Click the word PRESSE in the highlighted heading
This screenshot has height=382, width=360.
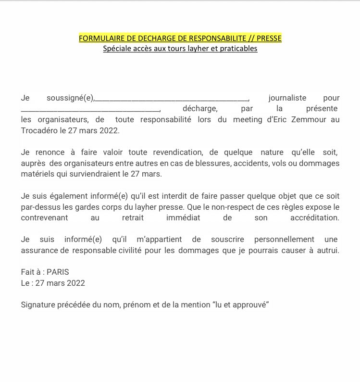[x=267, y=38]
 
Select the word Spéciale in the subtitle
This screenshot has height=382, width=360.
[x=116, y=49]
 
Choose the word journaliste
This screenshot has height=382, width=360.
[x=287, y=98]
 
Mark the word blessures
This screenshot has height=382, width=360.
[x=217, y=163]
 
